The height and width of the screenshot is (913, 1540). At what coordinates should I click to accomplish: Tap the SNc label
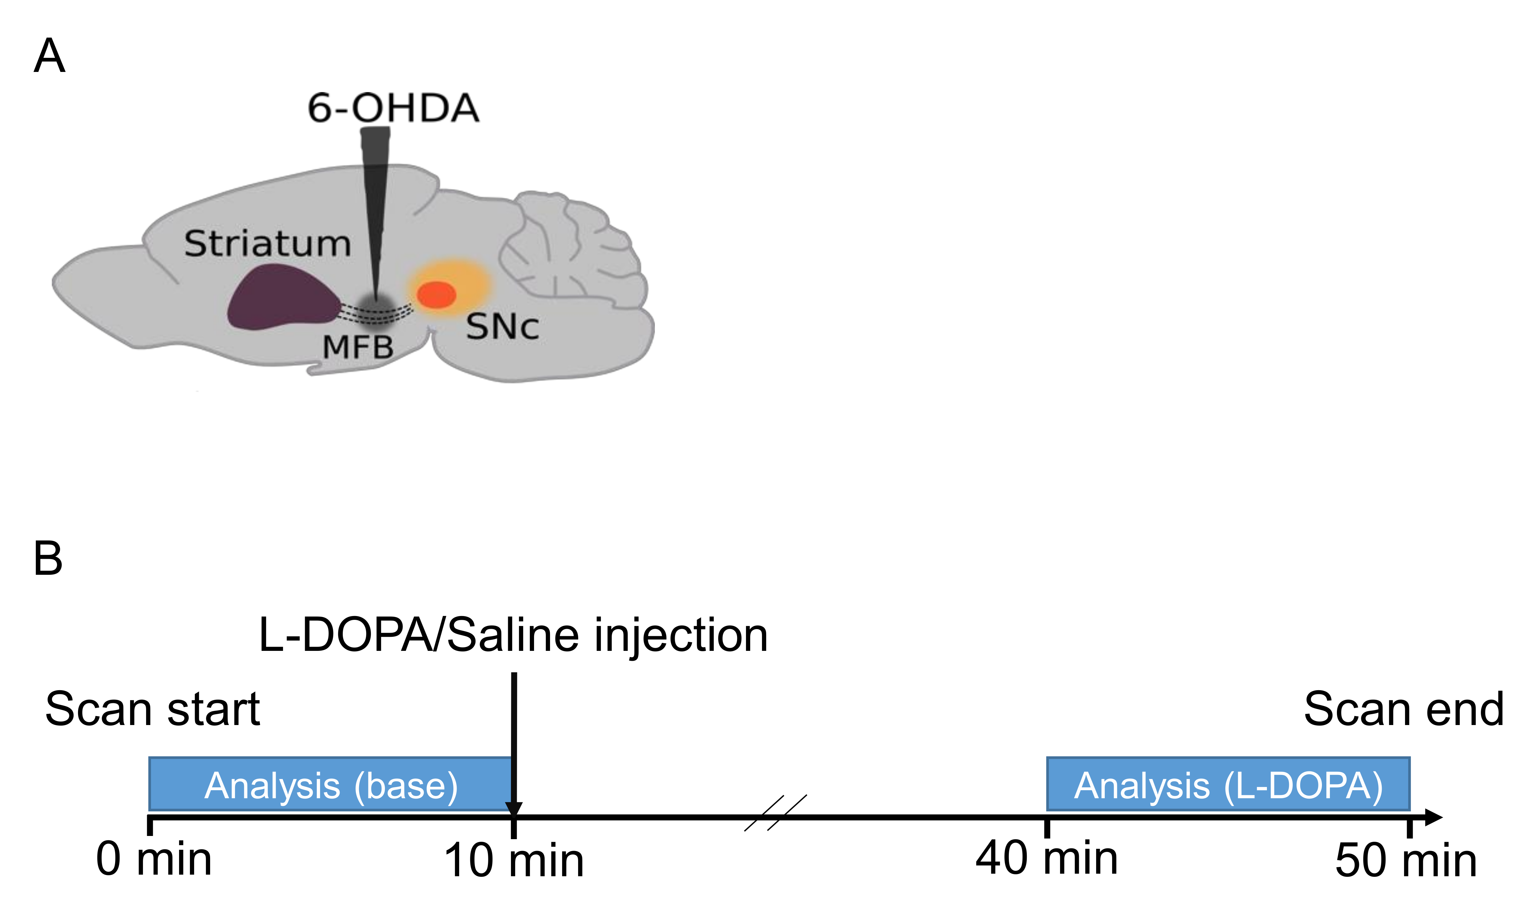point(502,327)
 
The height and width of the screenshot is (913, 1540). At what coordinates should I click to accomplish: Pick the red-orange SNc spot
point(436,295)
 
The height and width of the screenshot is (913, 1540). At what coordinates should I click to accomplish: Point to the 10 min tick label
point(514,861)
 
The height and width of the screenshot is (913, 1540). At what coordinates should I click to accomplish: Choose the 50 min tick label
point(1406,861)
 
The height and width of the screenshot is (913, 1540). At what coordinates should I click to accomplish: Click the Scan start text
point(153,709)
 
